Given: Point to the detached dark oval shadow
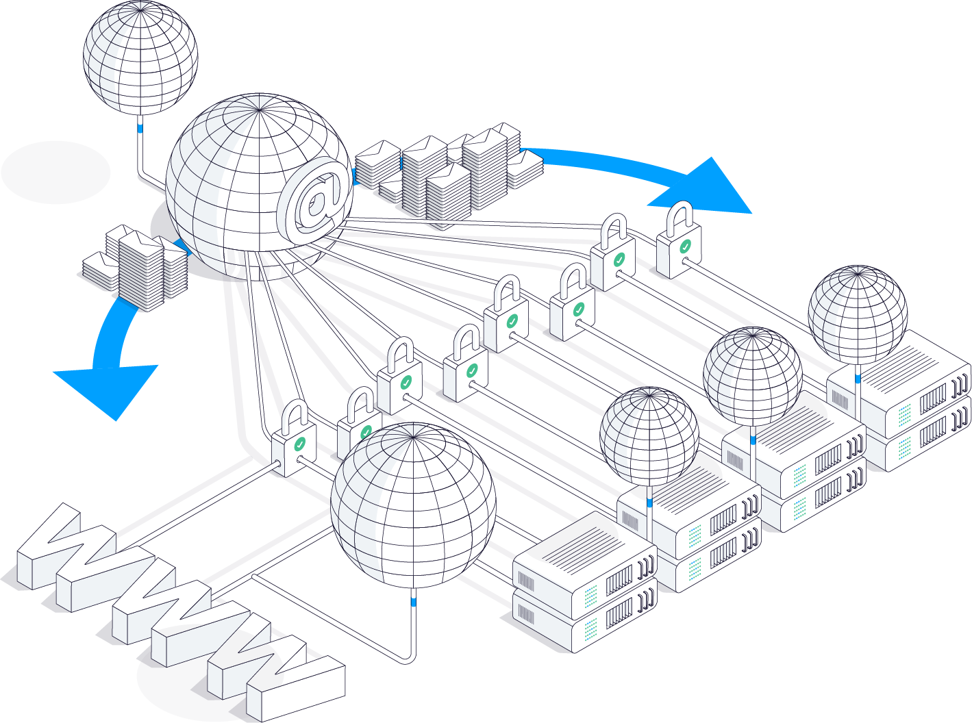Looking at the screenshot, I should pyautogui.click(x=55, y=173).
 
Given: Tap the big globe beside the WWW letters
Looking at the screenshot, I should pyautogui.click(x=413, y=505).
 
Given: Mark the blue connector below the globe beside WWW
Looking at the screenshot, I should pyautogui.click(x=413, y=602).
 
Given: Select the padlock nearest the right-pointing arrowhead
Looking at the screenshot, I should pyautogui.click(x=679, y=243).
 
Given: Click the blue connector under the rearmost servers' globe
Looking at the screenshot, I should pyautogui.click(x=858, y=378).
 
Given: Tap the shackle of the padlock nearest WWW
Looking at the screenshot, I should pyautogui.click(x=295, y=414).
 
